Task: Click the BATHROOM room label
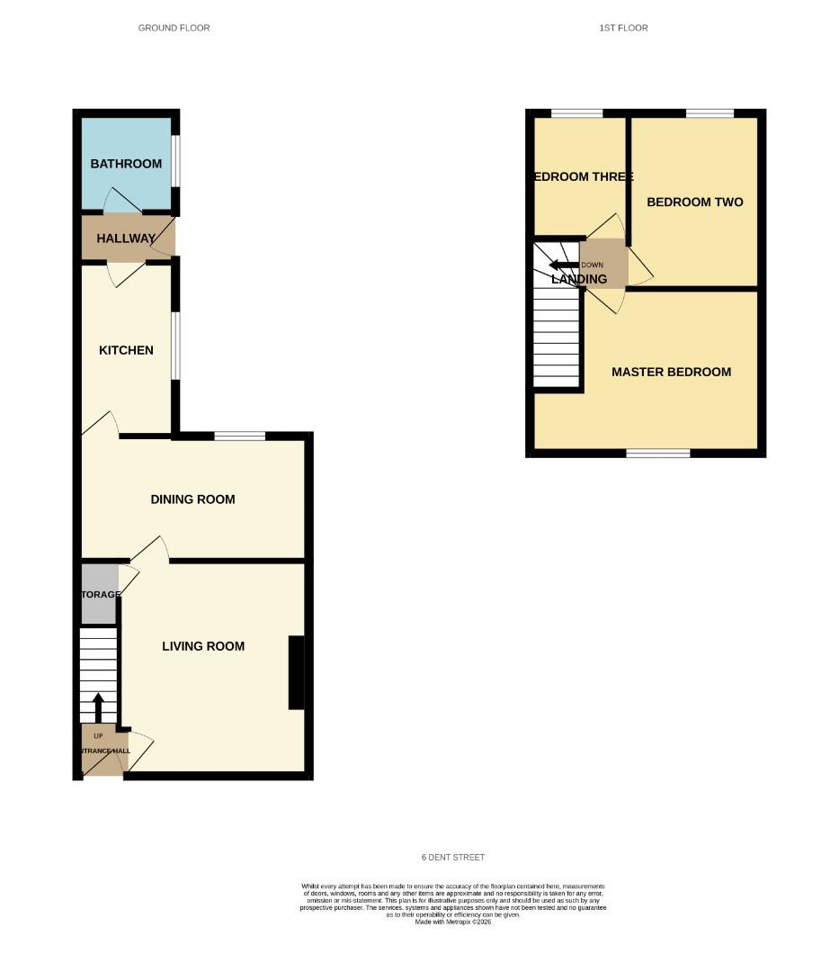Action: [x=126, y=164]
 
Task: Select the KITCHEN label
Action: [x=126, y=350]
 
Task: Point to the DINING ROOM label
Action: [x=192, y=499]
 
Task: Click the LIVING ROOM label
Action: [x=203, y=646]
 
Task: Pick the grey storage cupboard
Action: [x=99, y=594]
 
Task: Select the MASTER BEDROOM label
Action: [x=671, y=372]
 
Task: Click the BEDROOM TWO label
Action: [x=695, y=202]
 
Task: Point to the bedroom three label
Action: [x=584, y=177]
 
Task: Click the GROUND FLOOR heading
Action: [x=174, y=28]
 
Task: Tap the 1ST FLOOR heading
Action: [x=623, y=28]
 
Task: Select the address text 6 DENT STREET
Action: [x=452, y=858]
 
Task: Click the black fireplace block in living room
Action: [x=296, y=674]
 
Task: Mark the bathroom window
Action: [x=175, y=161]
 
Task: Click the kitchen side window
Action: [x=175, y=346]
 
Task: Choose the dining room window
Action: [x=240, y=436]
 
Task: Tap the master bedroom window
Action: [x=658, y=453]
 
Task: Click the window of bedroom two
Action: [x=710, y=113]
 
